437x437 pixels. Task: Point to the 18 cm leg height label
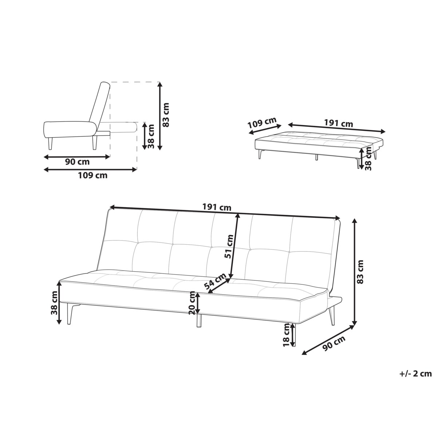tap(287, 335)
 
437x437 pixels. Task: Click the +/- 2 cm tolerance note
tap(415, 373)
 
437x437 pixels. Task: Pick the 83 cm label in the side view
tap(166, 114)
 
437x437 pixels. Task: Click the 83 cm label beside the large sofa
tap(361, 272)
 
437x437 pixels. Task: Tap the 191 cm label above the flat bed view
tap(338, 124)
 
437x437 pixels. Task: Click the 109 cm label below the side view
tap(93, 176)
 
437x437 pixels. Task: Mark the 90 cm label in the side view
tap(77, 162)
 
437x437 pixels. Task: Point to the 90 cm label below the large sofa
tap(334, 344)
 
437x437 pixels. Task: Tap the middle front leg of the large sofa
tap(199, 320)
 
